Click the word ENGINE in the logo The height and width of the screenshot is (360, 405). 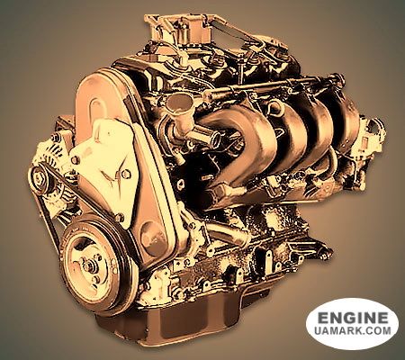click(353, 318)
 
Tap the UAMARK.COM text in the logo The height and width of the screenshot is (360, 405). click(353, 330)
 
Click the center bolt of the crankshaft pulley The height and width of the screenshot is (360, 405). click(89, 265)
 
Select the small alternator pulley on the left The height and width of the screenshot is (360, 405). click(40, 179)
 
